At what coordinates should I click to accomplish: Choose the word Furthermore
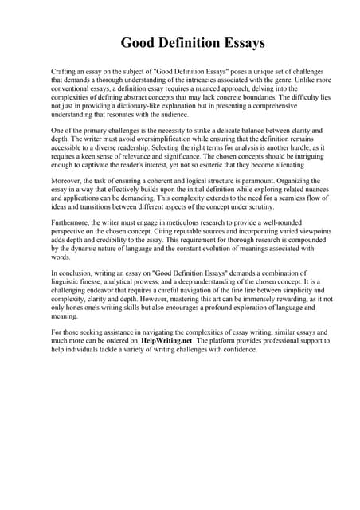[72, 224]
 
